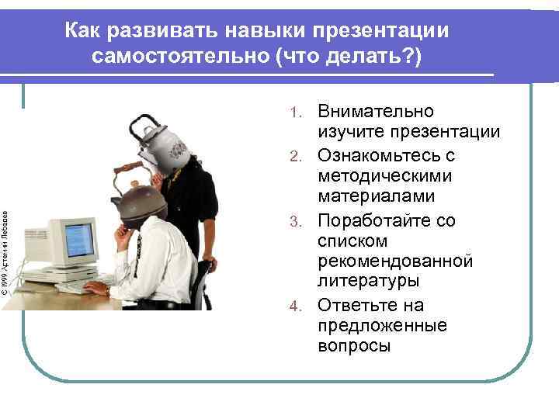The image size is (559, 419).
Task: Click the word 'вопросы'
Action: pyautogui.click(x=353, y=346)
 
